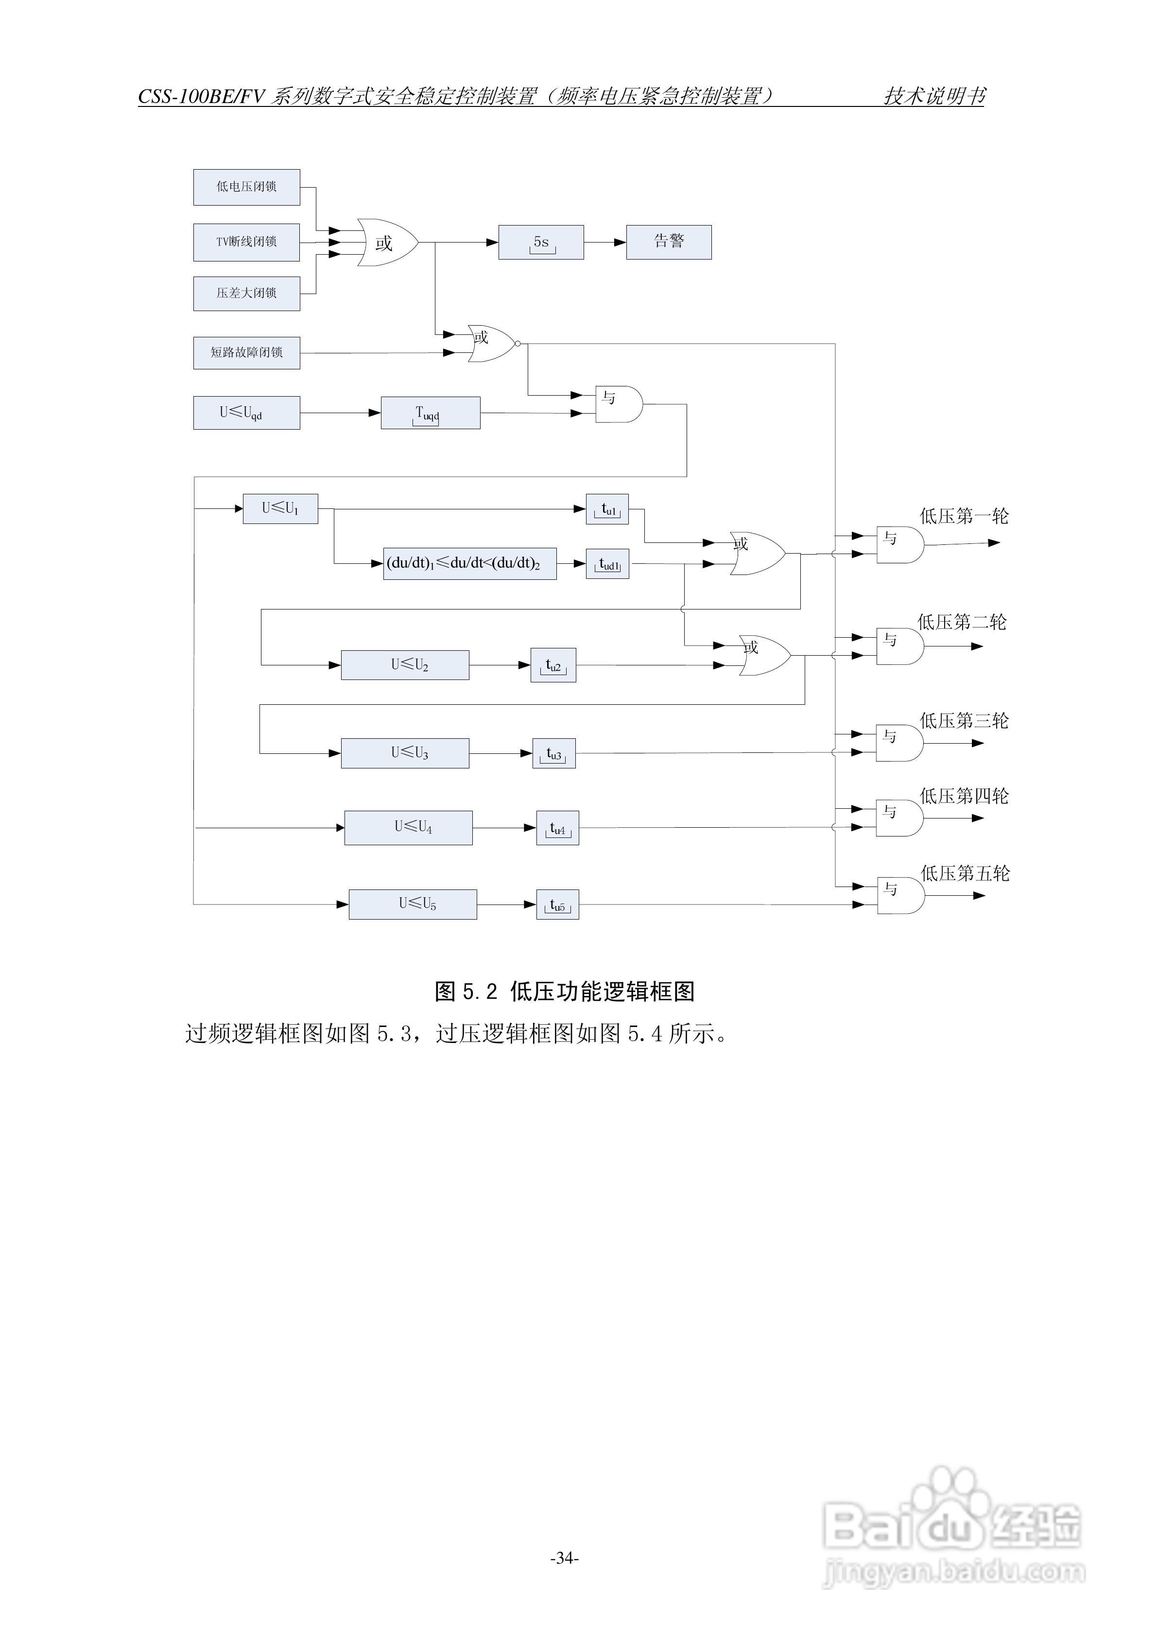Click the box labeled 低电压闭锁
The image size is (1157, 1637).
pos(247,187)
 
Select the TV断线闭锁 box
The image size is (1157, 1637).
pos(247,242)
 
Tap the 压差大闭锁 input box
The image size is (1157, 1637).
pos(247,293)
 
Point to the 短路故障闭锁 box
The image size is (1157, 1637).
pos(247,352)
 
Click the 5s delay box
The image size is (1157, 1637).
pos(541,243)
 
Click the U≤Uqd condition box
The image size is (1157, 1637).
pos(247,413)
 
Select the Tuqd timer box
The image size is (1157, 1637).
pos(431,413)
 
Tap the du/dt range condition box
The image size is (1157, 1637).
pos(470,563)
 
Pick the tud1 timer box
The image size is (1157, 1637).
pos(607,564)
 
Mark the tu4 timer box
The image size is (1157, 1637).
pos(557,829)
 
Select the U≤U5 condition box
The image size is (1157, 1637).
pos(413,904)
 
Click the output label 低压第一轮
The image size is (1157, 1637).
pos(964,516)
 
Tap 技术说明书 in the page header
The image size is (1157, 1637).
pos(934,96)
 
